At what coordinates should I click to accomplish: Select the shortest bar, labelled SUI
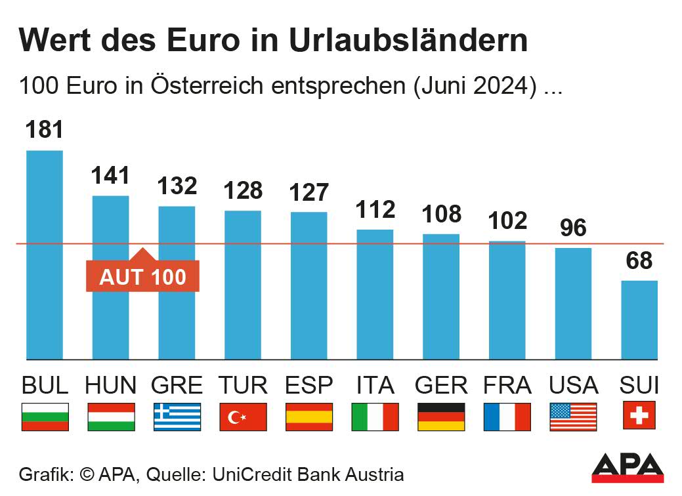(x=639, y=320)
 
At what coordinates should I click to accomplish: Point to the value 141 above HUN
(x=111, y=176)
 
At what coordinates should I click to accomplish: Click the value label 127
(x=309, y=192)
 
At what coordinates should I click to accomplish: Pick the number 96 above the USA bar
(x=573, y=228)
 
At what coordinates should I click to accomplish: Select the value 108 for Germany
(x=441, y=214)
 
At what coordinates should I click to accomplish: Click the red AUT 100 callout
(x=142, y=276)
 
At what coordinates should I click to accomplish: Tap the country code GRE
(x=177, y=385)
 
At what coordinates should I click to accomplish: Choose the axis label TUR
(x=243, y=385)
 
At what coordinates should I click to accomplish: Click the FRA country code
(x=507, y=385)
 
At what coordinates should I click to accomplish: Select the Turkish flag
(x=243, y=417)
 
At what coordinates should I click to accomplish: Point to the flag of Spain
(x=309, y=417)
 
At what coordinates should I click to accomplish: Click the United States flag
(x=573, y=417)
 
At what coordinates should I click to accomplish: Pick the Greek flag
(x=177, y=417)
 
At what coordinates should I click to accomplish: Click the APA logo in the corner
(x=628, y=466)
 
